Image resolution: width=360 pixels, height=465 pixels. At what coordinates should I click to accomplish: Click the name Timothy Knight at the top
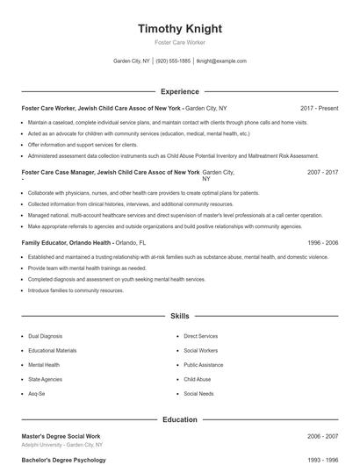pyautogui.click(x=180, y=29)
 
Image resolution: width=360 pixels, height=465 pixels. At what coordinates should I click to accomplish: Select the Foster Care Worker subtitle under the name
pyautogui.click(x=180, y=42)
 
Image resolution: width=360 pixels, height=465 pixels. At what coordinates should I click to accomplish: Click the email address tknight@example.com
pyautogui.click(x=221, y=61)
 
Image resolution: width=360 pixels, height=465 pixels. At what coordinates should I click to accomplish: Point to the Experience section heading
pyautogui.click(x=180, y=91)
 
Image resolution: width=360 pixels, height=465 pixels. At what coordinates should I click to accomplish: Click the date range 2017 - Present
pyautogui.click(x=319, y=108)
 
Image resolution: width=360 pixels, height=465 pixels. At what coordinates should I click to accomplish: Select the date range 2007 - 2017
pyautogui.click(x=322, y=173)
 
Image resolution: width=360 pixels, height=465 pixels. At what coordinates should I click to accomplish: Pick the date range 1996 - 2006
pyautogui.click(x=322, y=241)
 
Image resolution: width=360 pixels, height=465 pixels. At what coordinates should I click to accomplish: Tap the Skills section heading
pyautogui.click(x=180, y=315)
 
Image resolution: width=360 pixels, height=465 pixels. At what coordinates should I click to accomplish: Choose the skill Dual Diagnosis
pyautogui.click(x=45, y=336)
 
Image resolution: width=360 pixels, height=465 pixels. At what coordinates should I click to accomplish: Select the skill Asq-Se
pyautogui.click(x=38, y=394)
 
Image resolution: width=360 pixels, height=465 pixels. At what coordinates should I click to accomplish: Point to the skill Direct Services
pyautogui.click(x=200, y=336)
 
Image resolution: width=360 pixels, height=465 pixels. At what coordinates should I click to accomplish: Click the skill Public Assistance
pyautogui.click(x=204, y=365)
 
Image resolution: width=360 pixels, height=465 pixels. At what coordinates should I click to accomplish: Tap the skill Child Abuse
pyautogui.click(x=197, y=379)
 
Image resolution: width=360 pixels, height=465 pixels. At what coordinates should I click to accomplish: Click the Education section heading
pyautogui.click(x=180, y=419)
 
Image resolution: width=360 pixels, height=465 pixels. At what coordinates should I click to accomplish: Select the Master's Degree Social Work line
pyautogui.click(x=61, y=436)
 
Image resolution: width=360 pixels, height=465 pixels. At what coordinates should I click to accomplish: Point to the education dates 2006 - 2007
pyautogui.click(x=322, y=436)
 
